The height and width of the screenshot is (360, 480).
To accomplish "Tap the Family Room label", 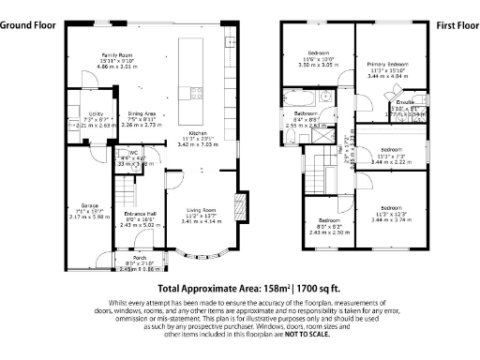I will [119, 56].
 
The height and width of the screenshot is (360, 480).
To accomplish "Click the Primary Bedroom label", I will [386, 65].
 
